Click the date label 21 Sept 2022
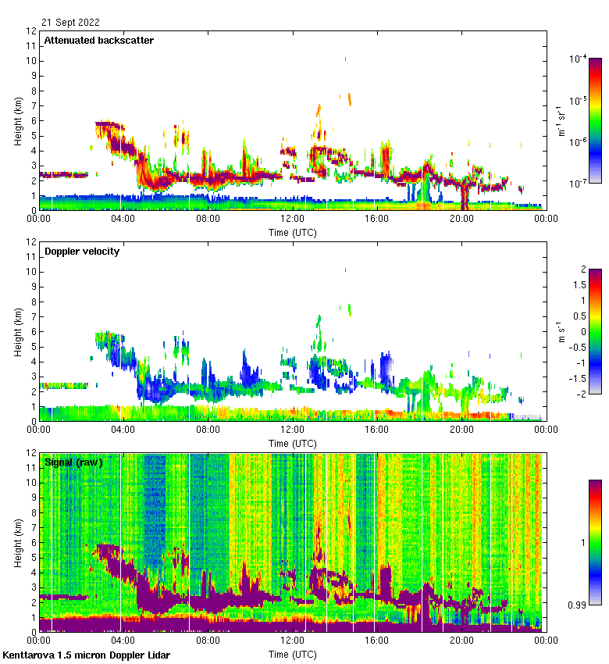[x=71, y=23]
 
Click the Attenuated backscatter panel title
[x=98, y=41]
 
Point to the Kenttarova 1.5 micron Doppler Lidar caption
[x=87, y=655]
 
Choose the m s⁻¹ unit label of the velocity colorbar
[x=561, y=332]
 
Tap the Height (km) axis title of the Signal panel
[x=17, y=542]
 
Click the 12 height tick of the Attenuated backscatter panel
[x=32, y=31]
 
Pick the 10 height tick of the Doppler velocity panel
[x=32, y=272]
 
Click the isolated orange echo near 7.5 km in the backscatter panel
[x=349, y=99]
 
